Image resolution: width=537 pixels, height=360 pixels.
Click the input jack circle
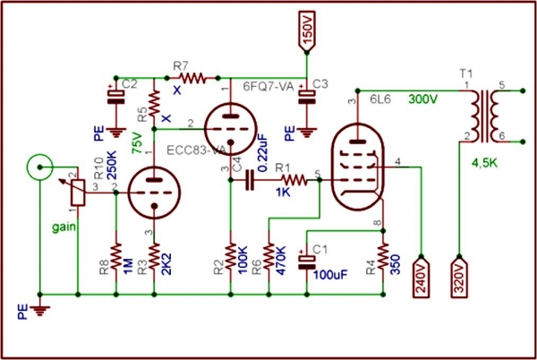pyautogui.click(x=38, y=166)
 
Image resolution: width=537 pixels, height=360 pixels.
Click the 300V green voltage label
pyautogui.click(x=426, y=99)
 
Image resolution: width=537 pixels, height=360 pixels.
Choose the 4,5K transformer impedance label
pyautogui.click(x=484, y=163)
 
